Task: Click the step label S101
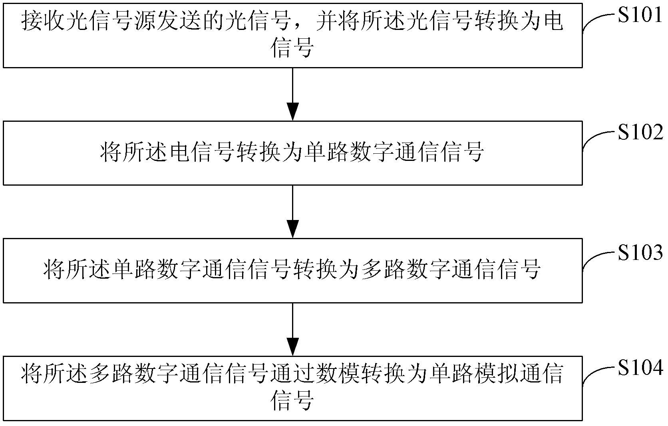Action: click(x=640, y=15)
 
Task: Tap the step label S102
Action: click(x=640, y=132)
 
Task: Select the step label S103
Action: click(x=640, y=252)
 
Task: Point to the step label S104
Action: click(x=640, y=368)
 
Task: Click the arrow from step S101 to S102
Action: click(x=292, y=94)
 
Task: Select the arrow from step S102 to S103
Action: click(x=292, y=211)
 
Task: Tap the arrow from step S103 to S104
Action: click(x=292, y=329)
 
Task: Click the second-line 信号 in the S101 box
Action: click(x=292, y=48)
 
